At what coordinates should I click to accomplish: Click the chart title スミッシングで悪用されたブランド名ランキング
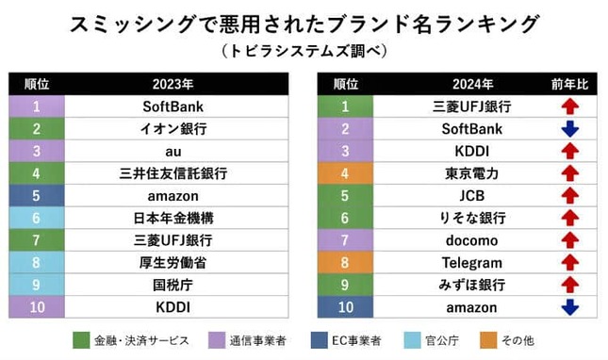(304, 23)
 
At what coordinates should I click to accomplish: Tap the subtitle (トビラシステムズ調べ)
(304, 48)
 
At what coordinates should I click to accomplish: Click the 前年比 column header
(568, 84)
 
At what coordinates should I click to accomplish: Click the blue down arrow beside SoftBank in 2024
(568, 129)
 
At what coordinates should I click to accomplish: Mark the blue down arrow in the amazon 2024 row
(568, 307)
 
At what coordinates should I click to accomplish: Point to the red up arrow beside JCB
(568, 196)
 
